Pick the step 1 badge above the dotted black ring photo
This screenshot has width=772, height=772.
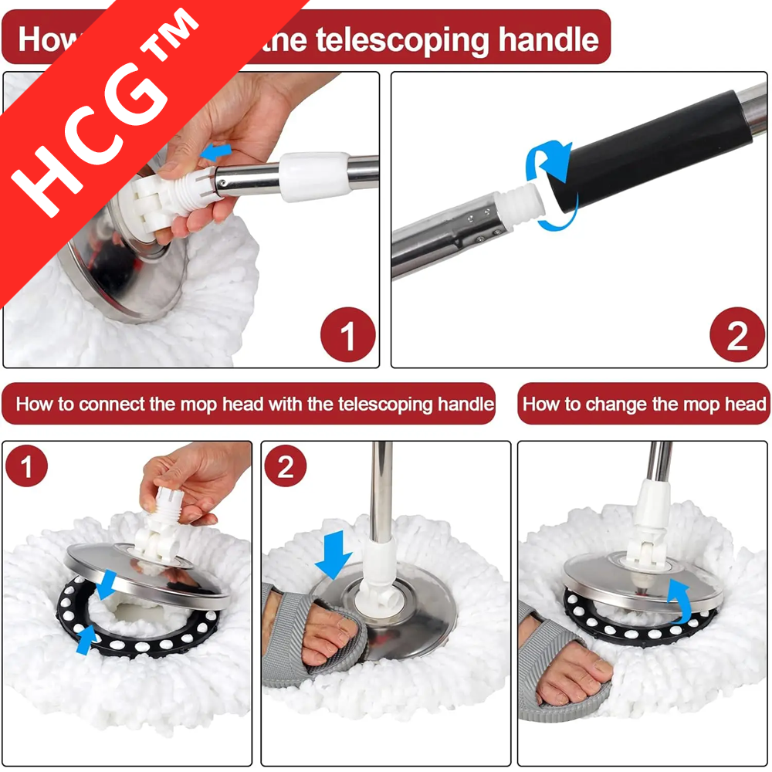[x=27, y=468]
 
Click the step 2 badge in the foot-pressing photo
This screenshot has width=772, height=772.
[x=286, y=468]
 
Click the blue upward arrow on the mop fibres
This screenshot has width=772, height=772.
[x=86, y=639]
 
